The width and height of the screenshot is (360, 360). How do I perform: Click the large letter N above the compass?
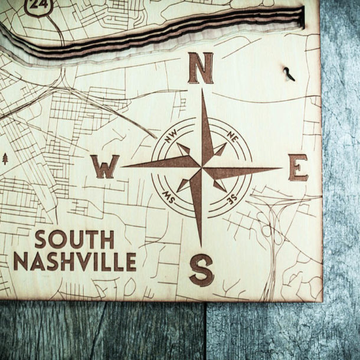pyautogui.click(x=200, y=68)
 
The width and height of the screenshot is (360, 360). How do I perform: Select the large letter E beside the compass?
pyautogui.click(x=298, y=168)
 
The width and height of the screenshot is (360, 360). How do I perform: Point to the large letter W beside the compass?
pyautogui.click(x=104, y=167)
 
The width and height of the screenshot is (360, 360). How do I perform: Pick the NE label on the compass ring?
pyautogui.click(x=231, y=139)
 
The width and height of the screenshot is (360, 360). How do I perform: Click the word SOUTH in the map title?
pyautogui.click(x=74, y=240)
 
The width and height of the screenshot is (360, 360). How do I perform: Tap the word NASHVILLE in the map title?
pyautogui.click(x=75, y=261)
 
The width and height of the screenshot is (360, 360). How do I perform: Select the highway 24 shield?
pyautogui.click(x=38, y=6)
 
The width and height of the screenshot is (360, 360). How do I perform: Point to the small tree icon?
pyautogui.click(x=5, y=158)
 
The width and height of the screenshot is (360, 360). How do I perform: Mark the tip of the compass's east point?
pyautogui.click(x=280, y=169)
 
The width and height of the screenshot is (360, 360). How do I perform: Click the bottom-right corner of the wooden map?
pyautogui.click(x=321, y=300)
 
